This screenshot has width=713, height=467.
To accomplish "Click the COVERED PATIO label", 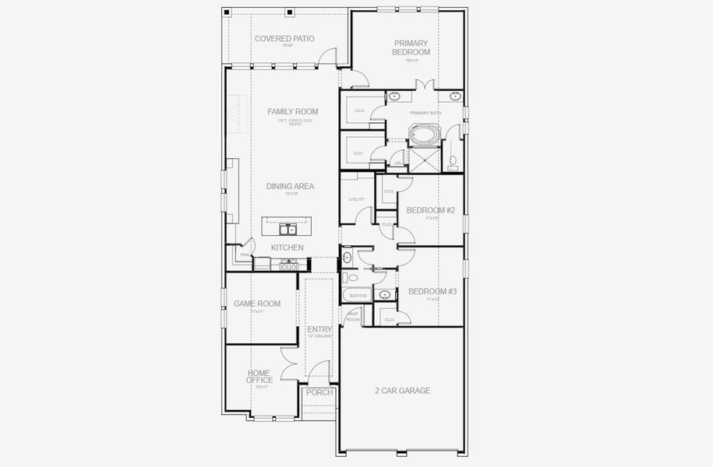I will pos(284,38).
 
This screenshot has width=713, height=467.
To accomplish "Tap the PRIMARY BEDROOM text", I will pos(411,47).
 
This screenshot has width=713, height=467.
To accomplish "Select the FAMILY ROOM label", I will pos(292,111).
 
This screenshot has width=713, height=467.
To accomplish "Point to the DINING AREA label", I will pos(290,186).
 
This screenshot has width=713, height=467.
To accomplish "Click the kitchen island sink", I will pos(288,229).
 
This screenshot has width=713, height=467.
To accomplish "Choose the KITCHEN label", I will pos(287,248).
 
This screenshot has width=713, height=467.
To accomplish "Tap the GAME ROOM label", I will pos(257,304).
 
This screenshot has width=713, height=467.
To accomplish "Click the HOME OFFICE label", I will pos(259,377).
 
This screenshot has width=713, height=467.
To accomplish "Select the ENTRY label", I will pos(319,330).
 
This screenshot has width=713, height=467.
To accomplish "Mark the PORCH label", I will pos(319,392).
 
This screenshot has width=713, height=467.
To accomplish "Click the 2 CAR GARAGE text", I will pos(401,391).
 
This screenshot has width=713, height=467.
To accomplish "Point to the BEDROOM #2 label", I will pos(431,210).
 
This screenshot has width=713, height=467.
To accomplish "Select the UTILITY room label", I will pos(356,199).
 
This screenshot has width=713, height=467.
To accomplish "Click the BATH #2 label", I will pos(358,296).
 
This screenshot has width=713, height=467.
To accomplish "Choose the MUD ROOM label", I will pos(353,317).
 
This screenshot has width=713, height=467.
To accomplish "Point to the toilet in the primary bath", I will pos(454,162).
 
